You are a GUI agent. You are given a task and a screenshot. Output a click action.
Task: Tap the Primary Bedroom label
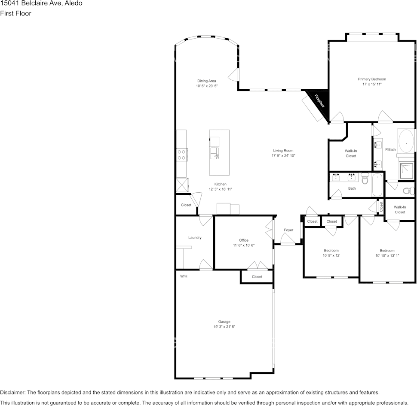click(x=372, y=79)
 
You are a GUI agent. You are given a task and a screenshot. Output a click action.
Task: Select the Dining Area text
click(x=206, y=81)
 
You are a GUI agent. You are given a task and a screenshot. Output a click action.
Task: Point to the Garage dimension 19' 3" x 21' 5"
click(x=224, y=327)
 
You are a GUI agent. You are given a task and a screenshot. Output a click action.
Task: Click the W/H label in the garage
click(x=184, y=276)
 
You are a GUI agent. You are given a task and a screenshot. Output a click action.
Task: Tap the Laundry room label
click(x=195, y=237)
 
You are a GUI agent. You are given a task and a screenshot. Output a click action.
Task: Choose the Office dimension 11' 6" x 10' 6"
click(x=244, y=245)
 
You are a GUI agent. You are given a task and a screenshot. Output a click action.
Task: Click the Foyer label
click(x=288, y=230)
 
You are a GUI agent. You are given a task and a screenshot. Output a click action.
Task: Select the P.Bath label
click(x=390, y=149)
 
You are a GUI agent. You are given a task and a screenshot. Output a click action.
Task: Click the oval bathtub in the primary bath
click(x=406, y=141)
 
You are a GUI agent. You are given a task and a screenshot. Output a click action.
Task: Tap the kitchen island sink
click(x=215, y=153)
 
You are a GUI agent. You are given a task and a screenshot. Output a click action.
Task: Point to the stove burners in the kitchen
click(x=182, y=155)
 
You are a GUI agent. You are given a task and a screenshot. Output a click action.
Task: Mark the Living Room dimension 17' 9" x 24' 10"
click(x=283, y=156)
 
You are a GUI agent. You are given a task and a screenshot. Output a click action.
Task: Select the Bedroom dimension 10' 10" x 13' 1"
click(x=387, y=256)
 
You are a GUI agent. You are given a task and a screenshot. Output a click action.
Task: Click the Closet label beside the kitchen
click(x=186, y=205)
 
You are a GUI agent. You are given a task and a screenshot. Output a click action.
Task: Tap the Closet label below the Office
click(x=257, y=277)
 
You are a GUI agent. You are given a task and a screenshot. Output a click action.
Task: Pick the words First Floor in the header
click(x=15, y=13)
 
